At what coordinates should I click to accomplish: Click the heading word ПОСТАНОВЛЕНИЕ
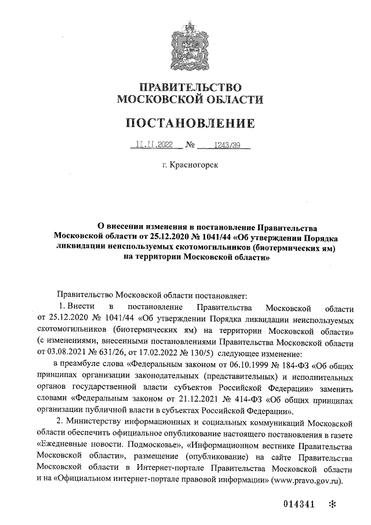coord(186,123)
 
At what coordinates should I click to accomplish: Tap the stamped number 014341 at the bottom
coord(299,504)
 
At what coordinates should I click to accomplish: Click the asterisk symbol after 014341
coord(333,504)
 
